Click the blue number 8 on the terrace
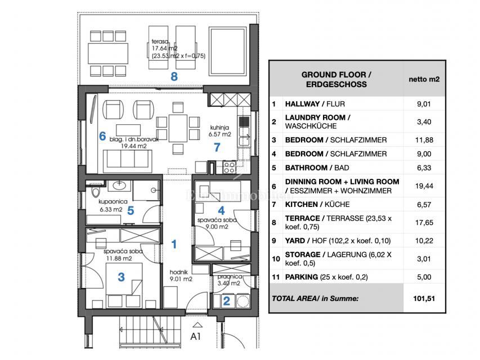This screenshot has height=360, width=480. pyautogui.click(x=174, y=76)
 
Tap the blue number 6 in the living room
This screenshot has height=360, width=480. pyautogui.click(x=102, y=136)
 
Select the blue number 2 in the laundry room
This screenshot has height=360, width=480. pyautogui.click(x=227, y=301)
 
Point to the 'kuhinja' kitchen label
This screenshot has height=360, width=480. pyautogui.click(x=219, y=127)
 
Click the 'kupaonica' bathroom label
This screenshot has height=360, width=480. pyautogui.click(x=113, y=201)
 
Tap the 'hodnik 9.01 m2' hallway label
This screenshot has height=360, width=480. pyautogui.click(x=181, y=276)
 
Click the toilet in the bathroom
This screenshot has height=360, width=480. pyautogui.click(x=96, y=192)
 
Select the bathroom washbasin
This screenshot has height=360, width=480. pyautogui.click(x=119, y=185)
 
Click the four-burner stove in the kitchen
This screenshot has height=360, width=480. pyautogui.click(x=229, y=168)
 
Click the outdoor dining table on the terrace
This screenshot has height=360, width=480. pyautogui.click(x=107, y=53)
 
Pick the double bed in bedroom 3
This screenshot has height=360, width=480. pyautogui.click(x=124, y=285)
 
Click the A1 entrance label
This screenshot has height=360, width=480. pyautogui.click(x=196, y=336)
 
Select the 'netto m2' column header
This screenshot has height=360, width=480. pyautogui.click(x=424, y=79)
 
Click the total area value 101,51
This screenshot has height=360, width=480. pyautogui.click(x=424, y=299)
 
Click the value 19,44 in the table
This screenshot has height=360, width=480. pyautogui.click(x=424, y=186)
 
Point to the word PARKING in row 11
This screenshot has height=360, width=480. pyautogui.click(x=302, y=277)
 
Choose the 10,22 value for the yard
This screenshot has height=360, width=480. pyautogui.click(x=424, y=241)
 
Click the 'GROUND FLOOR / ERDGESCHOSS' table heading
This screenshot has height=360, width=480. pyautogui.click(x=337, y=79)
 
